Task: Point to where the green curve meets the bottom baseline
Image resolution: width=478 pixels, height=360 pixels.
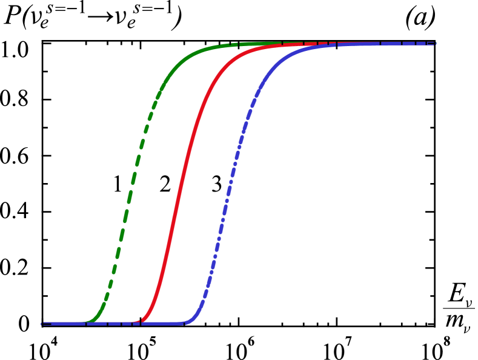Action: click(87, 322)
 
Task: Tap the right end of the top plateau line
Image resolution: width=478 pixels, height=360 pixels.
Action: click(435, 44)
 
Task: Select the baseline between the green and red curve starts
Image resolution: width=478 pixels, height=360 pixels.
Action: click(115, 324)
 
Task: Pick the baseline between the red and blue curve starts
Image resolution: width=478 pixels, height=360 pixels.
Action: click(164, 324)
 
